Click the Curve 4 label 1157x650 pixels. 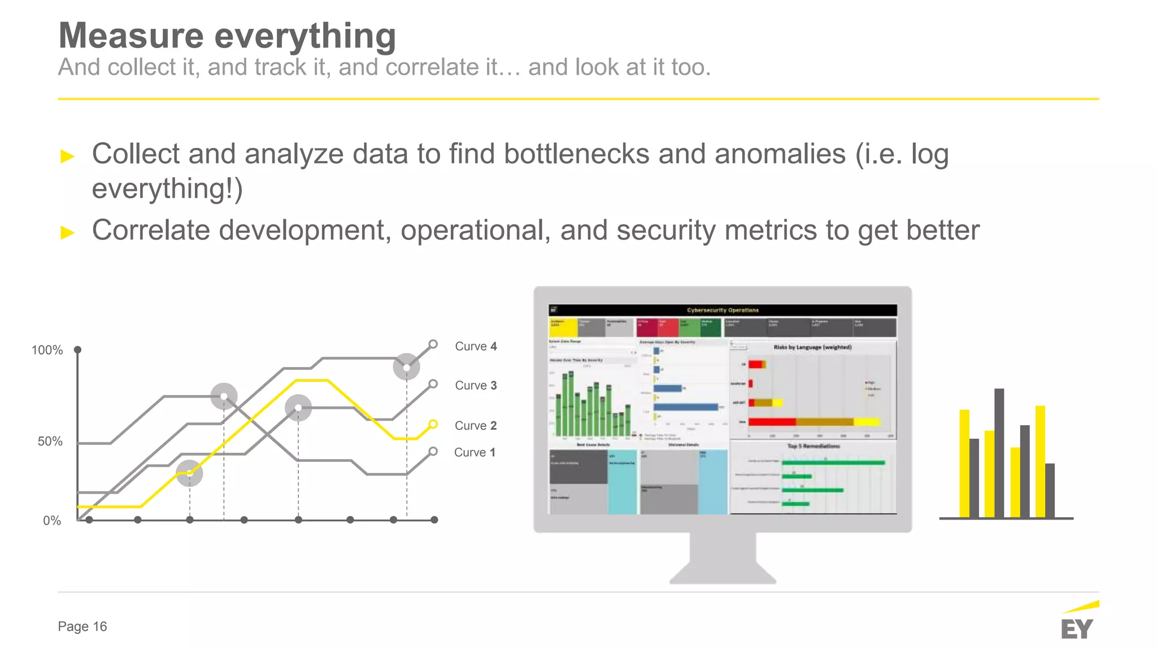coord(476,346)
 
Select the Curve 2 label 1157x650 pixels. coord(475,425)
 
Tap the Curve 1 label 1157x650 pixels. coord(475,452)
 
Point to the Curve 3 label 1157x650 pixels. coord(476,385)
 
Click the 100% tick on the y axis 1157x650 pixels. coord(47,350)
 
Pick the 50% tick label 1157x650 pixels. coord(50,441)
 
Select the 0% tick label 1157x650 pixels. coord(51,521)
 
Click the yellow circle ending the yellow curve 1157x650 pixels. coord(433,424)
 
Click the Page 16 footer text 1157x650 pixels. coord(82,626)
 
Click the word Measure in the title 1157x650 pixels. coord(131,36)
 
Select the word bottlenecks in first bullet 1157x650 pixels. coord(576,154)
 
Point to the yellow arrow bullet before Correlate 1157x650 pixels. coord(68,232)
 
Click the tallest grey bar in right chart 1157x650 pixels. coord(999,452)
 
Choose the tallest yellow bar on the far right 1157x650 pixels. coord(1040,461)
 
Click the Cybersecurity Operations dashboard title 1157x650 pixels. coord(723,310)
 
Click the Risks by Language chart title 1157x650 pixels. coord(812,347)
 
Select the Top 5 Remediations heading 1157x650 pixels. coord(814,446)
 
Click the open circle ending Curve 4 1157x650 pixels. coord(433,344)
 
